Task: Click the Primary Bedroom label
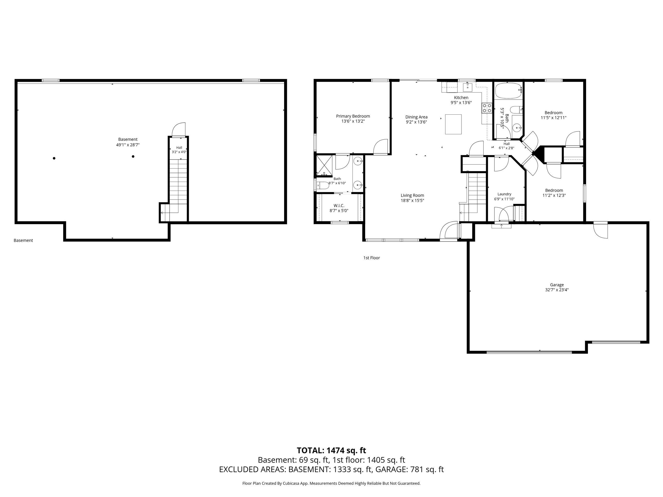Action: (353, 116)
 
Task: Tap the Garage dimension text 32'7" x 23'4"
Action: (557, 290)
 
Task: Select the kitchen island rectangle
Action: (453, 124)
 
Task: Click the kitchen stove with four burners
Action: (487, 108)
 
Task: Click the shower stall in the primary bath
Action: (325, 165)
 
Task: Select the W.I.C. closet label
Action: (339, 206)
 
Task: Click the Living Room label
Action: (412, 195)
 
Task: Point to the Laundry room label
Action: (505, 194)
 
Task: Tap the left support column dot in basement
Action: (54, 158)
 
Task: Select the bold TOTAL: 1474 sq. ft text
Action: (331, 451)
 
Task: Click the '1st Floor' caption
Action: (372, 258)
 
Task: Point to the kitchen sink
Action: (467, 87)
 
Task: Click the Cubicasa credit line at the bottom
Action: (331, 484)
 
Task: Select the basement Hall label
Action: (179, 148)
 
